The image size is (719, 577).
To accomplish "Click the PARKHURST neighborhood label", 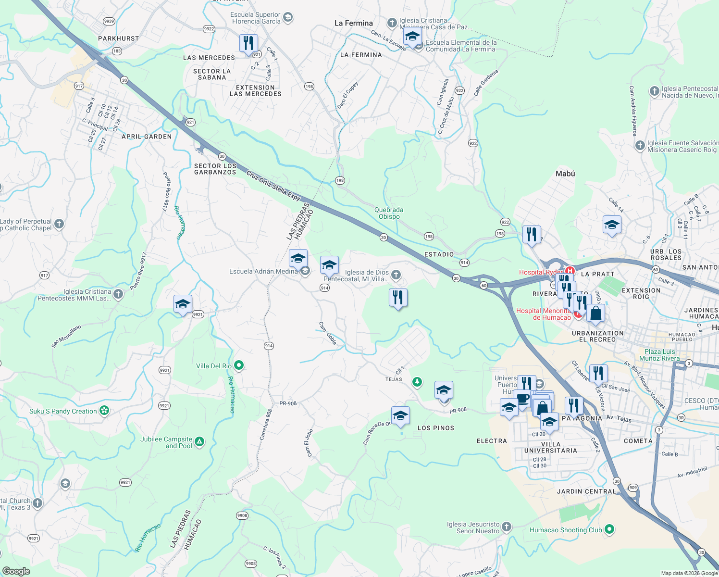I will (118, 38).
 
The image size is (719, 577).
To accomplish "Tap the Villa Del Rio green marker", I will (238, 366).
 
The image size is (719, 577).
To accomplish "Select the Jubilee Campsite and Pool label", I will (166, 442).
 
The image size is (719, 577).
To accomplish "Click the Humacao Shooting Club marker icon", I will (609, 530).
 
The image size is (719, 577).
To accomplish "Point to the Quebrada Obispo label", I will (389, 213).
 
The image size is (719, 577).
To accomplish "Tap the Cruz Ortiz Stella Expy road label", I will (273, 186).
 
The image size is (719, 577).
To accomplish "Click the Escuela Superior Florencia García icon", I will (288, 18).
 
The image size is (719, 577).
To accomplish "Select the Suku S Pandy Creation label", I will (63, 411).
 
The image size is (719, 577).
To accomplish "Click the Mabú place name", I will (565, 174).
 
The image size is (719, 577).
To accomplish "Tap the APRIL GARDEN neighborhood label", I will (147, 137).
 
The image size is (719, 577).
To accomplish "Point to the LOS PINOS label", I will (435, 428).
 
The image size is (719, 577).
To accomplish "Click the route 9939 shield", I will (109, 21).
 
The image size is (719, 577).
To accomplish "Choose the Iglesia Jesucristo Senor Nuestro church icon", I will (507, 527).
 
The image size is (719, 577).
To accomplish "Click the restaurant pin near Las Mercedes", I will (248, 43).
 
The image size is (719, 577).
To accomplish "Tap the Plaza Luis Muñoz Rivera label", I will (659, 355).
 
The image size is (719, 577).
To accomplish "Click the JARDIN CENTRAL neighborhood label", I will (586, 491).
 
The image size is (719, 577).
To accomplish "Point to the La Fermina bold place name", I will (353, 23).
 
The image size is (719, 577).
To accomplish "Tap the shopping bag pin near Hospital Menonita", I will (595, 314).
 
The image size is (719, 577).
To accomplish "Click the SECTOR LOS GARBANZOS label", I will (215, 169).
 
